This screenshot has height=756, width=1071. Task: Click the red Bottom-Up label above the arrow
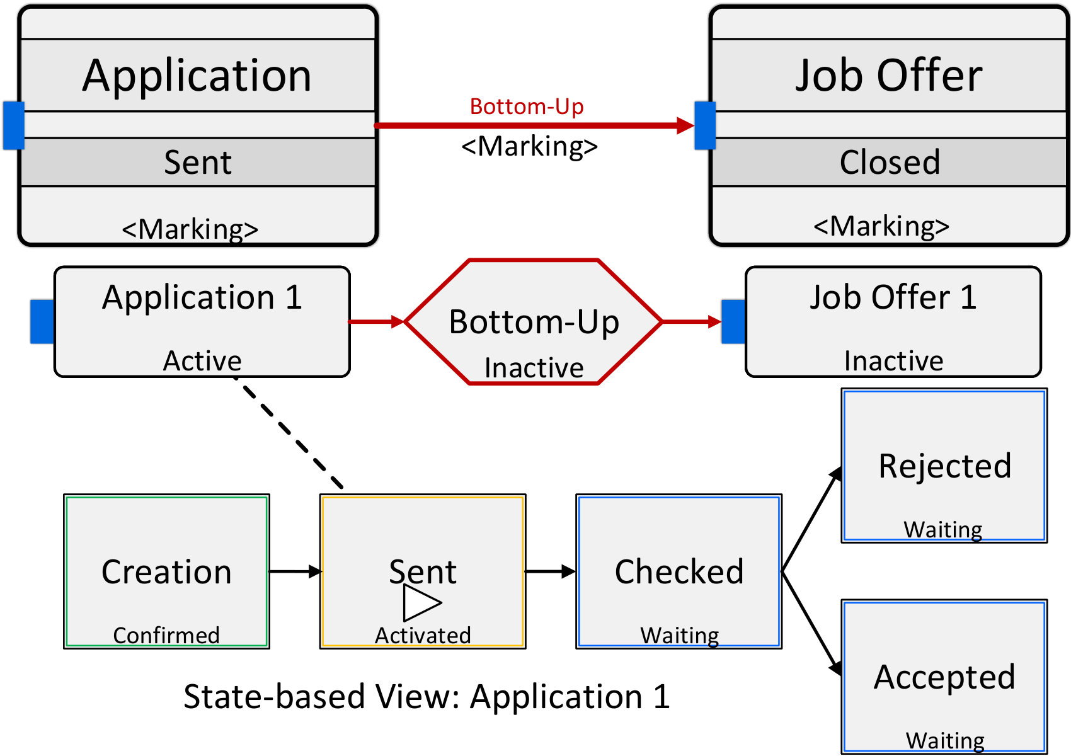point(527,106)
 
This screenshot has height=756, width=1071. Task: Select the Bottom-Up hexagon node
point(534,322)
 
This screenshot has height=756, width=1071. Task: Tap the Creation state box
point(166,571)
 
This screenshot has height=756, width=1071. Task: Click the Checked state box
point(679,571)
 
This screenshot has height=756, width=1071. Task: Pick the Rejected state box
point(944,466)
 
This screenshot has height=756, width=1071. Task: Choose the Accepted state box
point(944,677)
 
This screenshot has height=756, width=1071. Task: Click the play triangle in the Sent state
point(421,602)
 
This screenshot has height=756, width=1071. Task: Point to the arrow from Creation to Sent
point(295,571)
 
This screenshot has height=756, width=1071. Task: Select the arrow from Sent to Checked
point(551,571)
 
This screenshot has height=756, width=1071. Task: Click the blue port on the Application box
point(14,125)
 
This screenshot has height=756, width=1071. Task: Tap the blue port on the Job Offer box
point(705,125)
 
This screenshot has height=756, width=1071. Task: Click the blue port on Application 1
point(42,321)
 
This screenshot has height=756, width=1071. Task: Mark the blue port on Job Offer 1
point(733,321)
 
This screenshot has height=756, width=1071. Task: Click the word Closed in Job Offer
point(890,162)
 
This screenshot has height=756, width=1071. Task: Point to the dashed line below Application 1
point(289,432)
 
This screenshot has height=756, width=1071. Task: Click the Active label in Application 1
point(202,360)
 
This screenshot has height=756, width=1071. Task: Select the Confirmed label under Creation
point(166,636)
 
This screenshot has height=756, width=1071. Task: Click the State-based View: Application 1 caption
point(427,696)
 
